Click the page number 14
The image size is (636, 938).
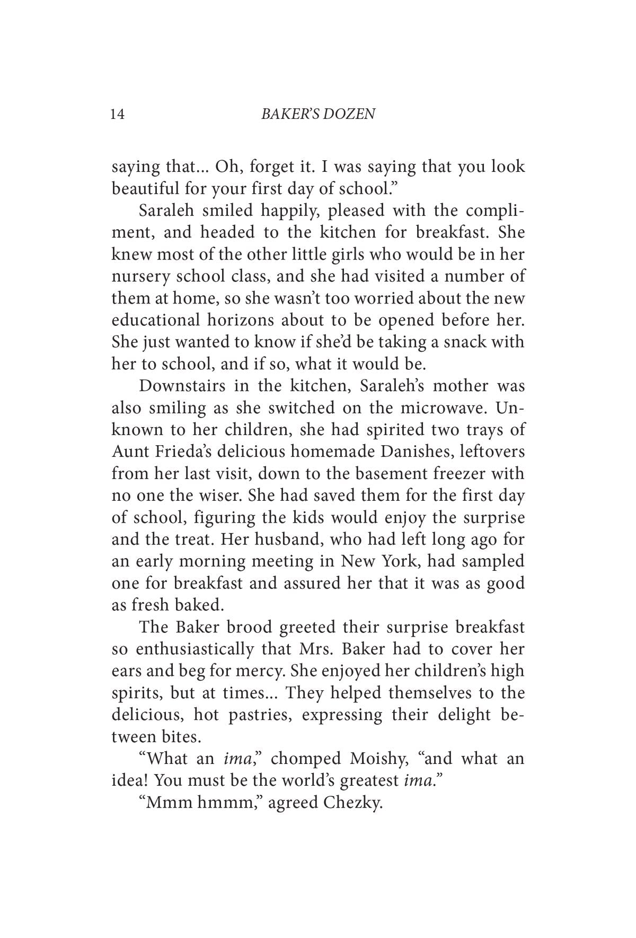coord(118,114)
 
